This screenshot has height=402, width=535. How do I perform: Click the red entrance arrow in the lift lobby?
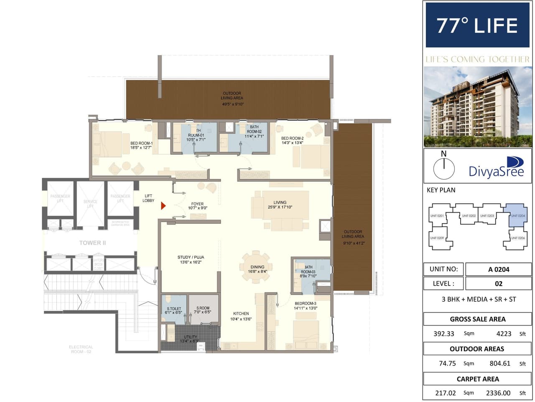163,206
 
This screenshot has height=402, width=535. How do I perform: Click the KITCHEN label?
241,313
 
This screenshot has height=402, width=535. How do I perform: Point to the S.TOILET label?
174,309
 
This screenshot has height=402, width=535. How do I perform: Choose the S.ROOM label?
203,308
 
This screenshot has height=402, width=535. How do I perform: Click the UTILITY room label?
190,337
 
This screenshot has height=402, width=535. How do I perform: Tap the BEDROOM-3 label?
306,303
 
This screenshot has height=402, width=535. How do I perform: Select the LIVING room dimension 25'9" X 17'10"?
280,207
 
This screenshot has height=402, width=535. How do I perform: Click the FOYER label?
197,204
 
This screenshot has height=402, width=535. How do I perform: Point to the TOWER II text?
92,243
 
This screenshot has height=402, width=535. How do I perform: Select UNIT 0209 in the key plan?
437,238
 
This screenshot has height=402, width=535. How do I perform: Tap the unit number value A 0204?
498,269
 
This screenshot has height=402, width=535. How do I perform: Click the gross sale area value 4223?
504,333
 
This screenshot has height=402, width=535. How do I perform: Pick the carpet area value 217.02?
447,393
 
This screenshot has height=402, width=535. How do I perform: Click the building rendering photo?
477,107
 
